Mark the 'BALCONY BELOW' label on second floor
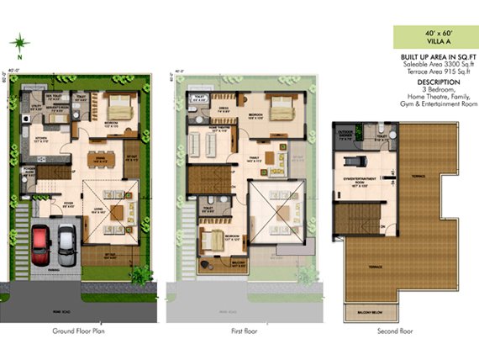tap(364, 309)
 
